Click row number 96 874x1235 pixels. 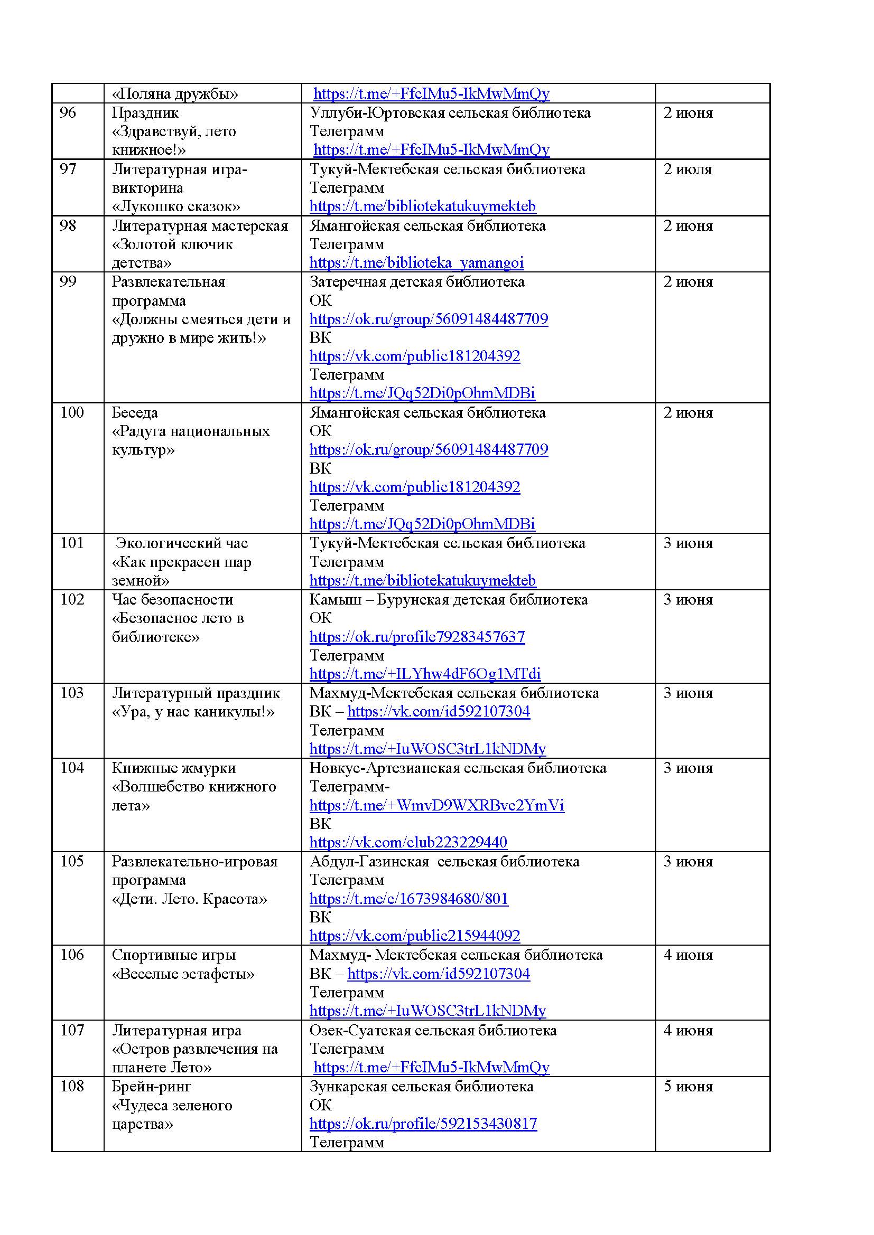point(68,113)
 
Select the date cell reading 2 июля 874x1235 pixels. point(687,169)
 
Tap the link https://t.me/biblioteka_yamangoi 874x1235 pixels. point(416,262)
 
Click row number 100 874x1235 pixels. point(72,412)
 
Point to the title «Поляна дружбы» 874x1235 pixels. point(175,94)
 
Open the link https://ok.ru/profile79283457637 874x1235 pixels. point(416,637)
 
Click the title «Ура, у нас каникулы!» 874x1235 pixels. point(193,712)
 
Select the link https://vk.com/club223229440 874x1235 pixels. point(408,842)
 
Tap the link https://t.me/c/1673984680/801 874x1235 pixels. point(408,899)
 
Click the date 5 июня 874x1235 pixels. point(687,1087)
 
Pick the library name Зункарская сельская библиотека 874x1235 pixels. point(421,1087)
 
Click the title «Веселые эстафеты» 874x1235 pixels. point(183,974)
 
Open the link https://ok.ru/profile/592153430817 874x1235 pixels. point(423,1124)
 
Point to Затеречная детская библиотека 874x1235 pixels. point(416,282)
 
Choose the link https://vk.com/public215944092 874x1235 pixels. point(414,936)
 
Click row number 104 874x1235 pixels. point(72,768)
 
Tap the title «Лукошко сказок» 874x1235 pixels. point(176,206)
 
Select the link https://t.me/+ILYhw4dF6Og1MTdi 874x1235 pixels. point(425,674)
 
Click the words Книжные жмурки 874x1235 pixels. point(174,768)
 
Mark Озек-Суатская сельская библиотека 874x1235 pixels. point(433,1031)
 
